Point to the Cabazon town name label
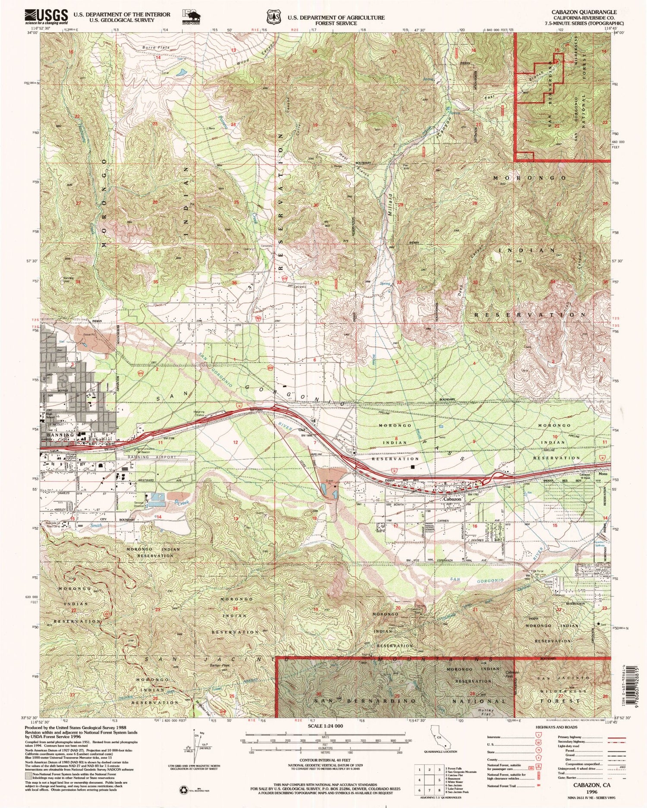[x=452, y=499]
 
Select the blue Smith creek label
[x=96, y=526]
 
